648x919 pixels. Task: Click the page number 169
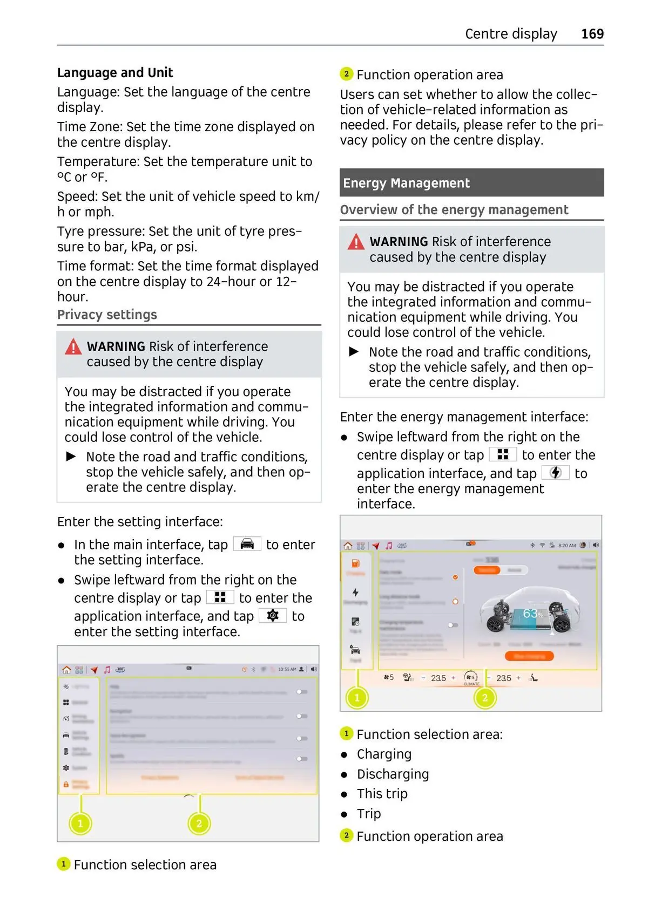tap(592, 34)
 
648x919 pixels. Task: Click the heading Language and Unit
tap(115, 73)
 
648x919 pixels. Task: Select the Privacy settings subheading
tap(107, 315)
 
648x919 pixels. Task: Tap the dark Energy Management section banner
tap(471, 183)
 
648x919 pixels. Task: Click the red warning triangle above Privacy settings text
tap(73, 347)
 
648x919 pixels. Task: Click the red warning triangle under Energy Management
tap(356, 242)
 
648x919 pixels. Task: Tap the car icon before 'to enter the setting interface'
tap(247, 543)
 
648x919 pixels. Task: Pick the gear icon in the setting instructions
tap(273, 615)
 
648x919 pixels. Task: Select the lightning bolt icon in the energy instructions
tap(555, 473)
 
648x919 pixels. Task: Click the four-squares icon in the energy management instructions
tap(503, 454)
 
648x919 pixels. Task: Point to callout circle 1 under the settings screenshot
tap(80, 823)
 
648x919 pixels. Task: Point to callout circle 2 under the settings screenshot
tap(199, 823)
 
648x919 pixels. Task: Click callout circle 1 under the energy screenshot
tap(356, 698)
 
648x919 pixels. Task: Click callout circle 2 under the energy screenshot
tap(484, 698)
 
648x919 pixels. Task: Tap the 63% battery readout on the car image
tap(532, 614)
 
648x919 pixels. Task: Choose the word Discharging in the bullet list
tap(393, 774)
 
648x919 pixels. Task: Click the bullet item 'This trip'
tap(382, 794)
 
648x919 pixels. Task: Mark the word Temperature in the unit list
tap(98, 162)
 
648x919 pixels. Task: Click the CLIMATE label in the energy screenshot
tap(471, 684)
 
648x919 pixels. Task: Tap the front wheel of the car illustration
tap(495, 625)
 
